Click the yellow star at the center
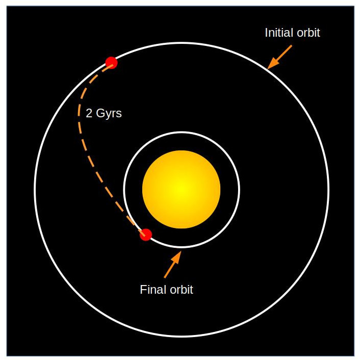click(x=181, y=189)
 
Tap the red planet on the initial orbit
click(x=111, y=63)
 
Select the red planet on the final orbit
click(x=146, y=235)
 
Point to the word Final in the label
click(x=152, y=290)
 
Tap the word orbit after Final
click(x=181, y=290)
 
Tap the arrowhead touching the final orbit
click(x=177, y=255)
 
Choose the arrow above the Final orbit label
click(x=172, y=265)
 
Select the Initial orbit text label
click(x=292, y=33)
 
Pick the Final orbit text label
click(x=166, y=290)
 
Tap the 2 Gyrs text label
click(x=104, y=113)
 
